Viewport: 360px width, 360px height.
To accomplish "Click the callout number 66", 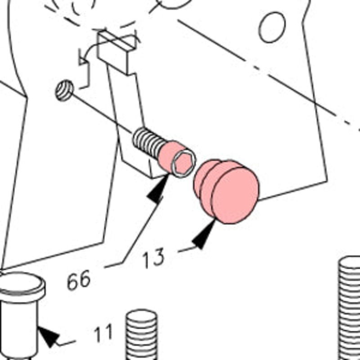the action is coord(78,279).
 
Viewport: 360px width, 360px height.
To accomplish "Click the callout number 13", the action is coord(153,258).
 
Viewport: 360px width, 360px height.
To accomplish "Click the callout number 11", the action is coord(103,333).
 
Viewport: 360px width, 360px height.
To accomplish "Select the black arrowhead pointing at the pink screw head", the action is coord(158,188).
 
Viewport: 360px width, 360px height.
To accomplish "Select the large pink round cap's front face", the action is coord(235,195).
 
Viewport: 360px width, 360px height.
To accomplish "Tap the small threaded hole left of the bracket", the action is coord(64,90).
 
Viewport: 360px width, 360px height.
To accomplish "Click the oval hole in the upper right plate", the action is coord(272,27).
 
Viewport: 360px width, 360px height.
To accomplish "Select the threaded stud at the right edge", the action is coord(350,308).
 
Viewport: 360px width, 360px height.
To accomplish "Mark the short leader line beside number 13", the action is coord(187,250).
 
